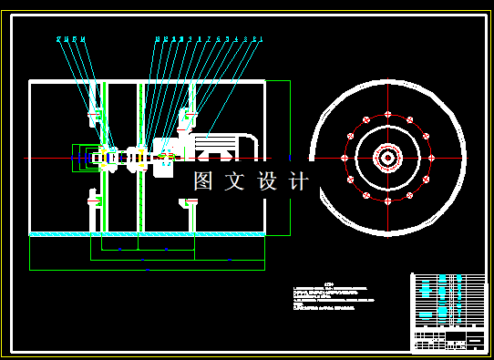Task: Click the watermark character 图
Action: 202,181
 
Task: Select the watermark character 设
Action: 267,181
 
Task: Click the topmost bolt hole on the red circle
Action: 386,115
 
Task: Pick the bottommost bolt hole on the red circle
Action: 386,201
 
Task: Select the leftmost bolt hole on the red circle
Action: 345,158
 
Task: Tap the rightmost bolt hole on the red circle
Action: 429,158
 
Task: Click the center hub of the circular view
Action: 386,158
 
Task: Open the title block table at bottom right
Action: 449,312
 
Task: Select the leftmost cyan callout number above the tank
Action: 57,39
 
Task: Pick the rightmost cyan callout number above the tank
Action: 262,39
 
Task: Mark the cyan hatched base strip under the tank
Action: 147,235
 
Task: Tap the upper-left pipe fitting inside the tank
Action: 93,116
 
